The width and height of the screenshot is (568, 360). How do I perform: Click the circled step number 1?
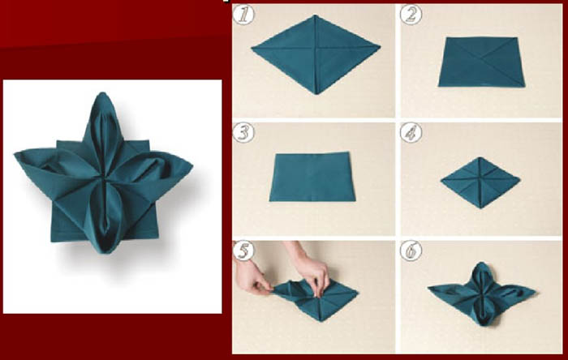(x=243, y=15)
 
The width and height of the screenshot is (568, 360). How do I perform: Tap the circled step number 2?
(x=411, y=15)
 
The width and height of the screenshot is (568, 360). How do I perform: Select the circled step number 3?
(x=243, y=132)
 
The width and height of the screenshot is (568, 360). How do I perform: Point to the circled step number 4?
(x=411, y=132)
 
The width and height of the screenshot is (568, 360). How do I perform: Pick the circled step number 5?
(x=243, y=251)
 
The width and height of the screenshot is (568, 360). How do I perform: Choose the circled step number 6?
(x=411, y=251)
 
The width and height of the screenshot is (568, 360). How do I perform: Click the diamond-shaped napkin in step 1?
(x=316, y=54)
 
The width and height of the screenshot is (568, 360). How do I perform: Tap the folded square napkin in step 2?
(x=481, y=62)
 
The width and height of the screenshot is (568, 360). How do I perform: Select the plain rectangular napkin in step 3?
(x=312, y=177)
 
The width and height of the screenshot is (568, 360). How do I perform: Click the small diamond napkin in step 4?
(x=480, y=182)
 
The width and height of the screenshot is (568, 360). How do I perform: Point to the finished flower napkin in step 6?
(x=482, y=294)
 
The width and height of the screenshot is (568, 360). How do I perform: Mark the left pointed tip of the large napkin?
(x=15, y=154)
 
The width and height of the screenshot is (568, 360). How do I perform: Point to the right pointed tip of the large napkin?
(x=192, y=166)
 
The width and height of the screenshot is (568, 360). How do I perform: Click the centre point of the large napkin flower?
(x=104, y=178)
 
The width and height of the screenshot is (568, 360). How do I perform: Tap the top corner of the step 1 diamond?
(x=316, y=15)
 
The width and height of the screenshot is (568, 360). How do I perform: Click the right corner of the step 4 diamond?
(x=520, y=178)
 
